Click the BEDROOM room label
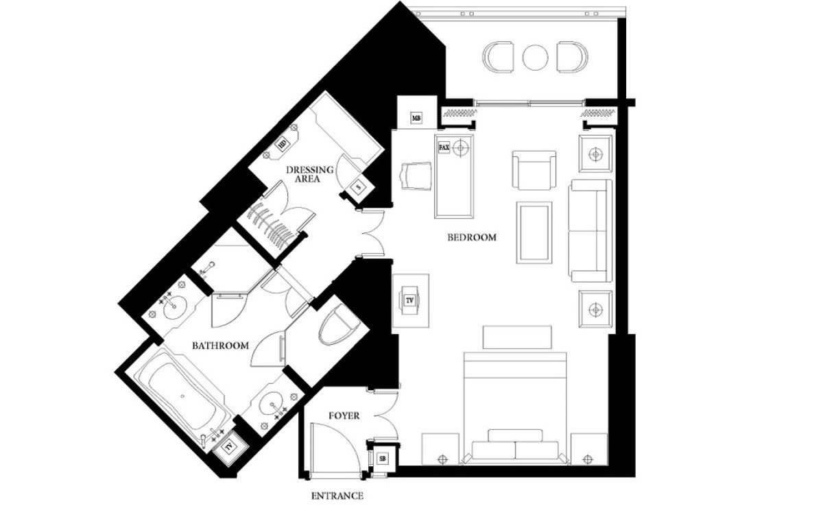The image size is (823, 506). pos(472,237)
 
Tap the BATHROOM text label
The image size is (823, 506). pos(220,346)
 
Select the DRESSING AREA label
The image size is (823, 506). pos(310,174)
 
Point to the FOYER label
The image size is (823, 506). pos(344,415)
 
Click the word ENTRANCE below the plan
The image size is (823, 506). pos(337,496)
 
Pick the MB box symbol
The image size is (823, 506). pos(416,118)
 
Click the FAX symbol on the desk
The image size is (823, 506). pos(444,147)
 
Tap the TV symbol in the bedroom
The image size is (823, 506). pos(410,301)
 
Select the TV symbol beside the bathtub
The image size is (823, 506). pos(229,447)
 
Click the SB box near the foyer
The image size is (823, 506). pos(383,459)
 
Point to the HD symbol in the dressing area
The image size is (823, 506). pos(282,144)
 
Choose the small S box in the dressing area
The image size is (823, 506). pos(359,187)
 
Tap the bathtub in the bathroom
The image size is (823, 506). pos(182,396)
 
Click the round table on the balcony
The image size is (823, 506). pos(535,58)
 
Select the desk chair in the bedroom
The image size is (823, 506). pos(415,176)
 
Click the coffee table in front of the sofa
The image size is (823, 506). pos(534,232)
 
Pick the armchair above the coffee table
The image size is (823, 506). pos(534,170)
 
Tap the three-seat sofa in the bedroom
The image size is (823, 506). pos(590,231)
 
